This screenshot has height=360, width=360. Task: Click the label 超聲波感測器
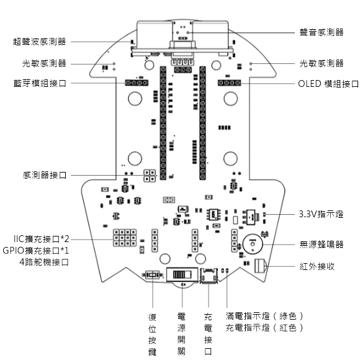point(40,42)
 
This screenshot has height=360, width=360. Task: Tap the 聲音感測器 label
point(322,32)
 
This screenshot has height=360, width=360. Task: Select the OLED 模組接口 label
point(328,84)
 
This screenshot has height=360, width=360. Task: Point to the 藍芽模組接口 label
point(40,83)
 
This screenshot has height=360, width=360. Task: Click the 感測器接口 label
point(45,175)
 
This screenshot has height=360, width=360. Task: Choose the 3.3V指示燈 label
point(321,214)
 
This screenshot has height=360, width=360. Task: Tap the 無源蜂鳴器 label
point(322,245)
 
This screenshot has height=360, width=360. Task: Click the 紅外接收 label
point(317,266)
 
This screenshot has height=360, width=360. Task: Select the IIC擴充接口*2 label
point(42,239)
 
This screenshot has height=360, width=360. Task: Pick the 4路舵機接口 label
point(44,262)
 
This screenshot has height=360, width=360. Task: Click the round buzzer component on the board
point(253,244)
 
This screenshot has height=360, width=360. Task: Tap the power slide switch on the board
point(182,274)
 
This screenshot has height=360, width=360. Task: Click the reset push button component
point(153,275)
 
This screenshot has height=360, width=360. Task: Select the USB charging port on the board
point(209,276)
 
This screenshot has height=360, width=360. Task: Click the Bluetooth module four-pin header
point(137,83)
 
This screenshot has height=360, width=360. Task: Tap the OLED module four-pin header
point(230,83)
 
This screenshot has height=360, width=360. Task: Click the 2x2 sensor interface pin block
point(150,176)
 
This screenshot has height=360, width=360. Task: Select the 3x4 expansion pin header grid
point(125,238)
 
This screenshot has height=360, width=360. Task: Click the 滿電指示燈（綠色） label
point(264,316)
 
